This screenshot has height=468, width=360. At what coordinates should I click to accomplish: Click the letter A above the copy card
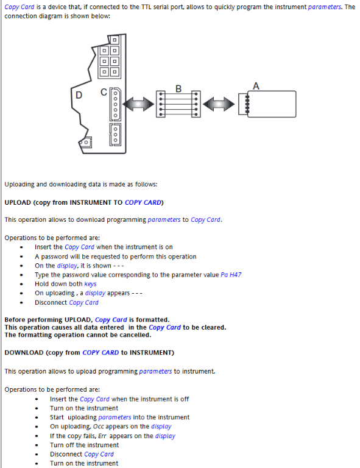(x=256, y=86)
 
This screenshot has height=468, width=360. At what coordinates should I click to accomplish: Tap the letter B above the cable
(x=178, y=88)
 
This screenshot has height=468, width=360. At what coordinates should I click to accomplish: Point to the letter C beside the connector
(x=104, y=92)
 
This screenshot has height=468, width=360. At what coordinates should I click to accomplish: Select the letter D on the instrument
(x=79, y=95)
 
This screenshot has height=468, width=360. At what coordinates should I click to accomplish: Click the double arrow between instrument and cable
(x=138, y=104)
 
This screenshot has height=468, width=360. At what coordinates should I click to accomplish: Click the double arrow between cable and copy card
(x=219, y=104)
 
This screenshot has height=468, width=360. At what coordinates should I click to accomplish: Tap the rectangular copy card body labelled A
(x=272, y=104)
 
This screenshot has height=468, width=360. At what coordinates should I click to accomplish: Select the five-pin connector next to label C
(x=115, y=104)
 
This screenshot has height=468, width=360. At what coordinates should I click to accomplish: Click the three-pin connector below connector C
(x=115, y=135)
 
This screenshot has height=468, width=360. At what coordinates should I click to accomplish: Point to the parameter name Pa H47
(x=231, y=275)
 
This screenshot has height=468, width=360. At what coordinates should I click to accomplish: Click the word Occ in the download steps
(x=99, y=427)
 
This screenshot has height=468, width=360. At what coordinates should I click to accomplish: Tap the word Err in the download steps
(x=102, y=436)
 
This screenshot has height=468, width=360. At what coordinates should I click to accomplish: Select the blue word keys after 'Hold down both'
(x=90, y=284)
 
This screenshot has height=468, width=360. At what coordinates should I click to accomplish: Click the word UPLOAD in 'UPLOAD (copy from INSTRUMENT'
(x=18, y=203)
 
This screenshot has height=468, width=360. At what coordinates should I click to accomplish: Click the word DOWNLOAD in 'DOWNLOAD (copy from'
(x=24, y=353)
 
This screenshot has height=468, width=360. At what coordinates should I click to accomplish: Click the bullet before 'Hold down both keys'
(x=21, y=284)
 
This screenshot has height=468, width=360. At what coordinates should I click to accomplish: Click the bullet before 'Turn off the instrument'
(x=37, y=445)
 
